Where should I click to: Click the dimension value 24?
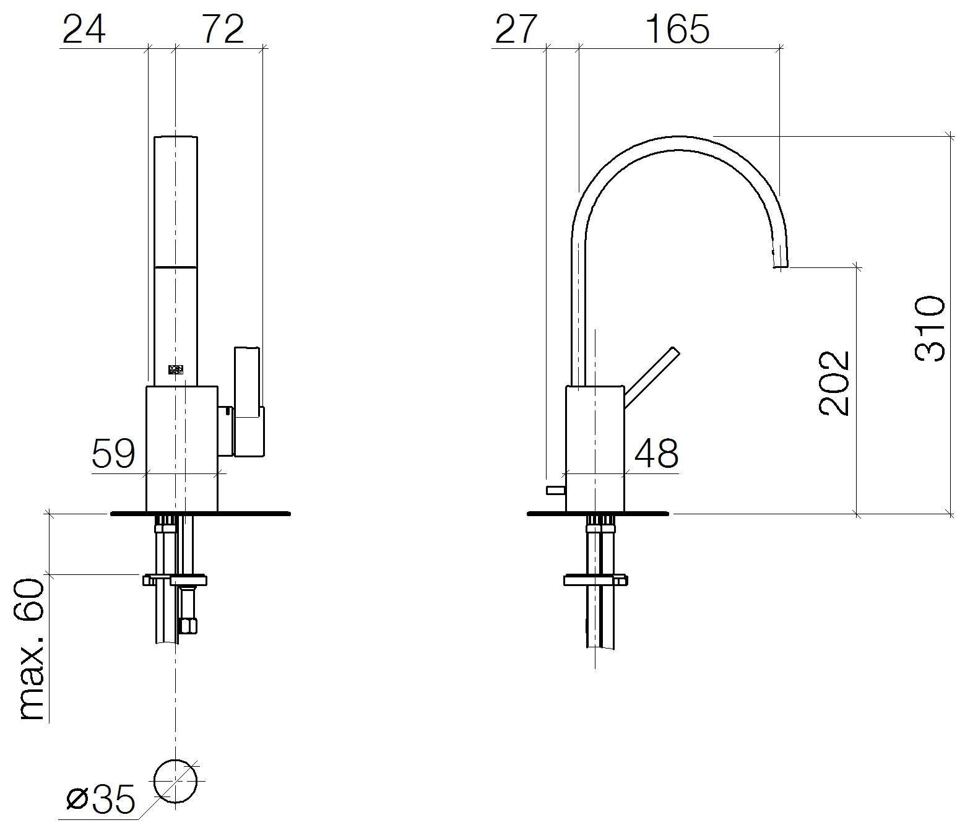(x=84, y=30)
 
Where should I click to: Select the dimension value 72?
(x=222, y=30)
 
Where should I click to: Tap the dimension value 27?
(x=516, y=30)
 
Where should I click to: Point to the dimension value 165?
(x=677, y=30)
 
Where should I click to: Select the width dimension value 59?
(x=113, y=453)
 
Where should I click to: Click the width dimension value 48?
(x=656, y=453)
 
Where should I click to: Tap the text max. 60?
(x=32, y=650)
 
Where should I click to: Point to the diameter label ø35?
(x=101, y=799)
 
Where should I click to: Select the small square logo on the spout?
(x=176, y=369)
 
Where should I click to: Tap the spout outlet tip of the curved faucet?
(x=781, y=266)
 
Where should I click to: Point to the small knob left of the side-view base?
(x=556, y=490)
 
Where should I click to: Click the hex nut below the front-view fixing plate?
(x=189, y=625)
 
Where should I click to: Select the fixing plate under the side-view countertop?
(x=595, y=580)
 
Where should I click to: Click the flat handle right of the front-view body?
(x=248, y=401)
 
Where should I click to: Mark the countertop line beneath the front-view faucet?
(x=201, y=514)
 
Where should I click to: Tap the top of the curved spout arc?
(x=680, y=140)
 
